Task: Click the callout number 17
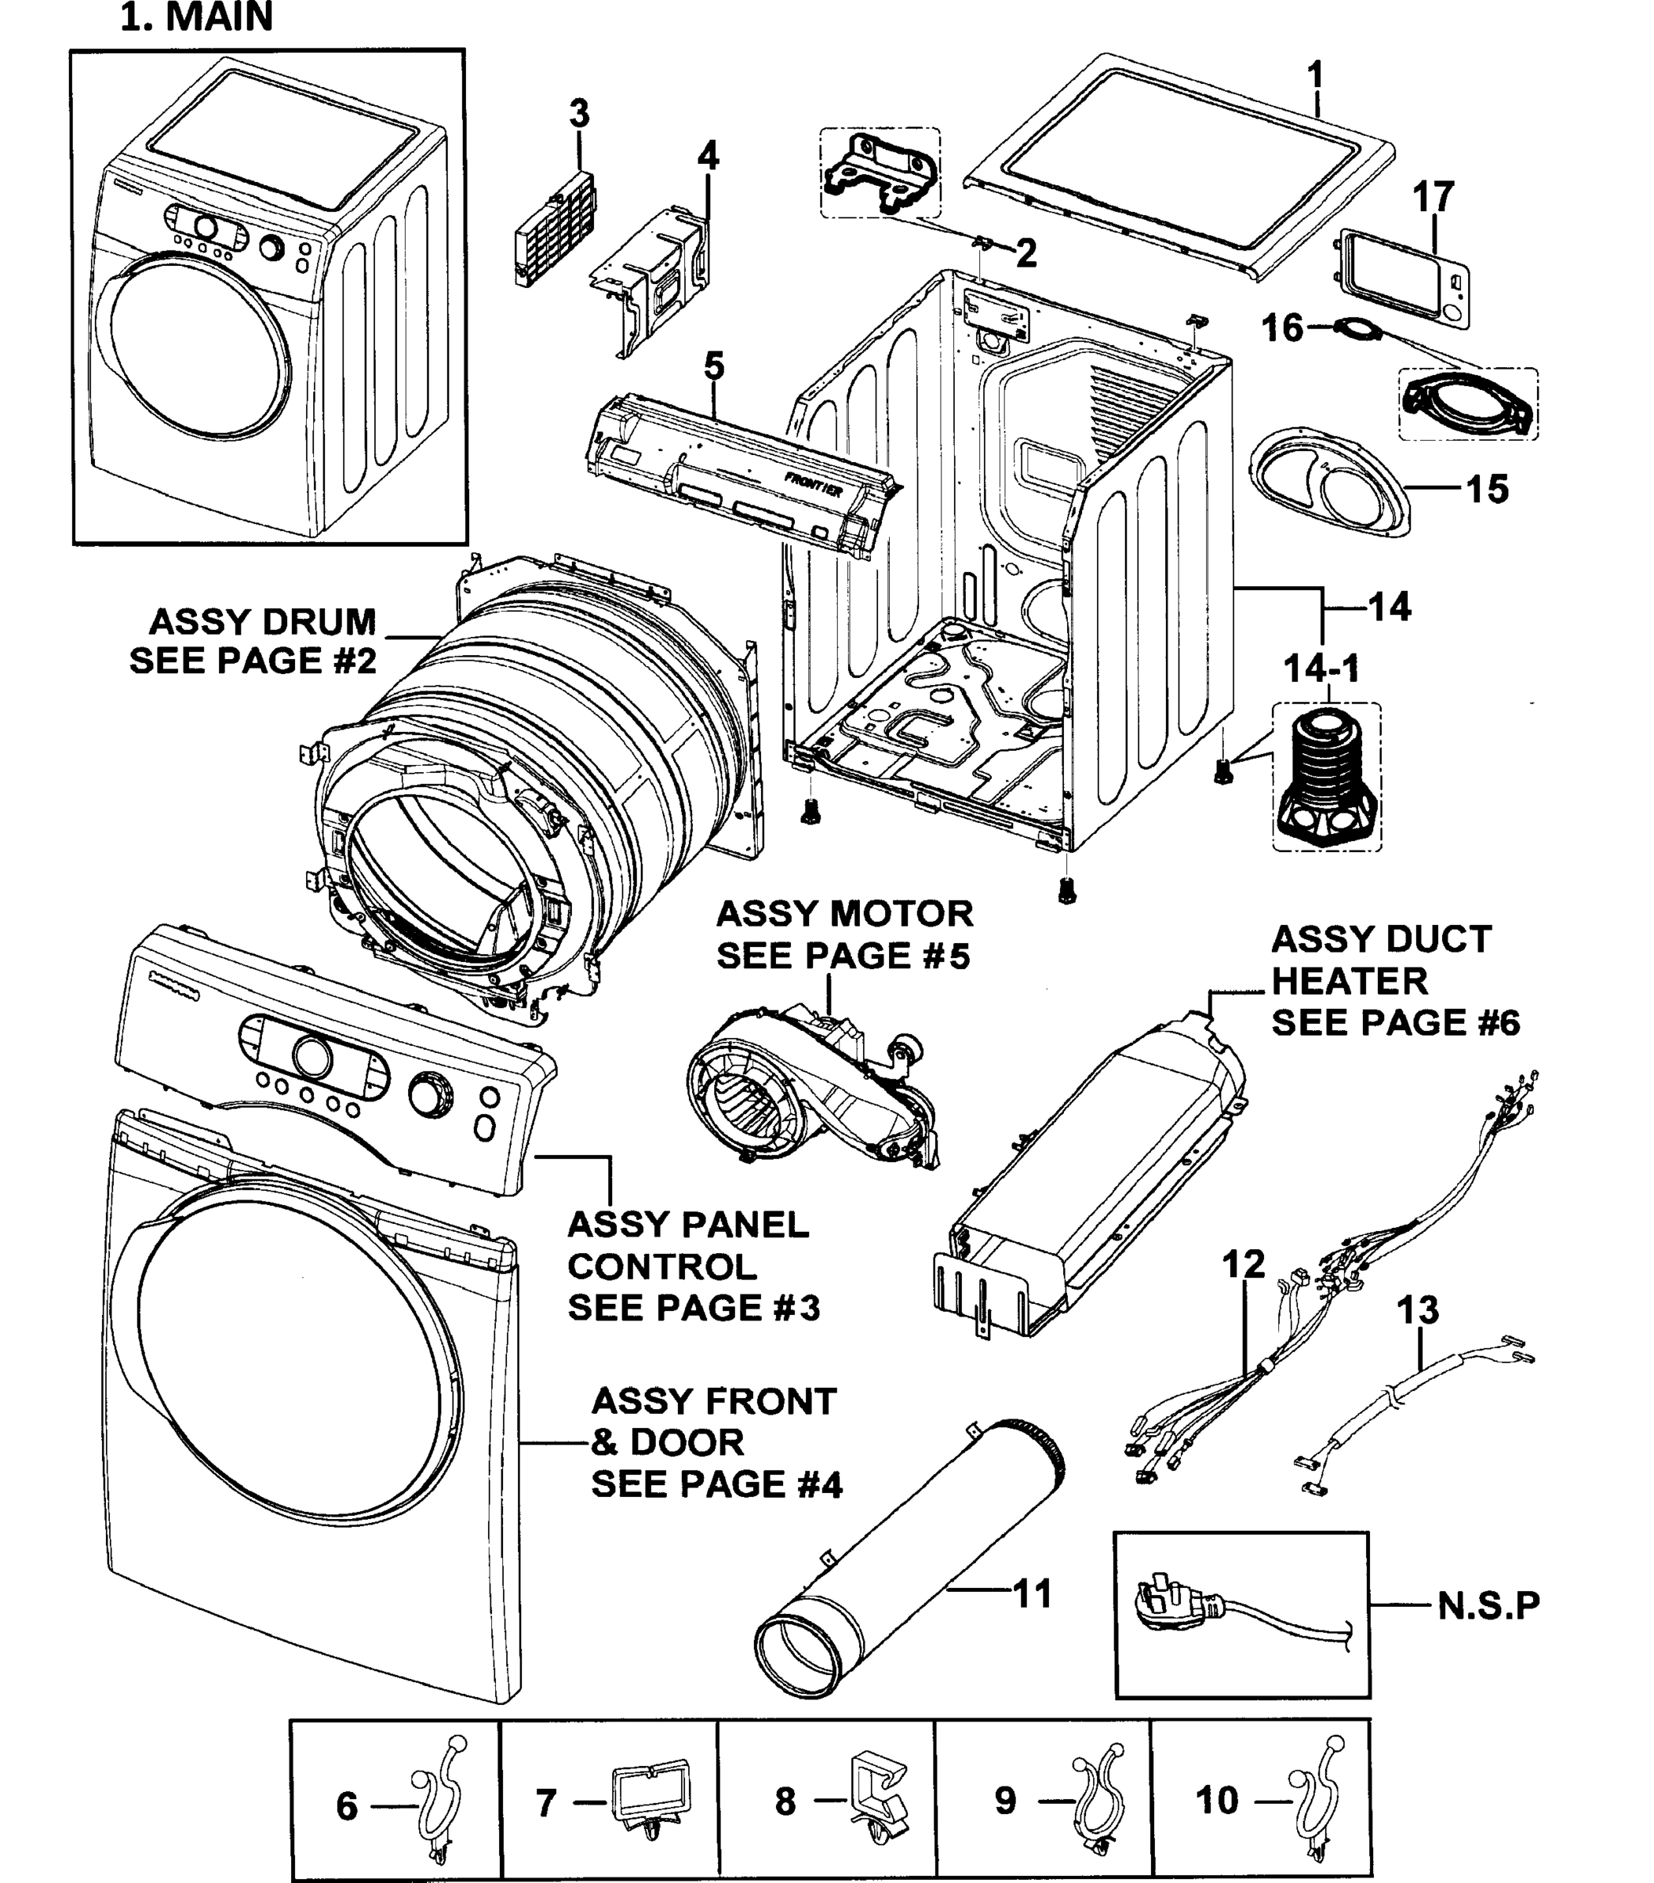pos(1433,196)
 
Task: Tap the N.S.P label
pos(1488,1606)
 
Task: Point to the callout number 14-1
pos(1321,668)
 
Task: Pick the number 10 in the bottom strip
pos(1216,1800)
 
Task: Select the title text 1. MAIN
pos(196,16)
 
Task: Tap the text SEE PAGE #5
pos(843,956)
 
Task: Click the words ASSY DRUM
pos(263,622)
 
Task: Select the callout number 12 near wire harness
pos(1243,1265)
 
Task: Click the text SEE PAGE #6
pos(1394,1022)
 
